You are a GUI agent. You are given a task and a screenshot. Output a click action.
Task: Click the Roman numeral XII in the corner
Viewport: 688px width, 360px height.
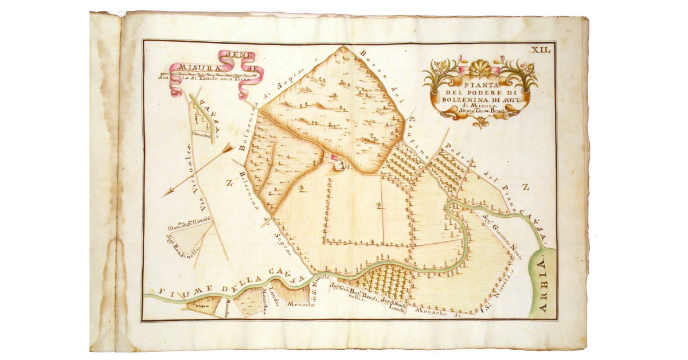(541, 50)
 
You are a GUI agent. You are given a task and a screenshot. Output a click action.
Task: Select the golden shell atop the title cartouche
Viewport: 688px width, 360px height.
(480, 69)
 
